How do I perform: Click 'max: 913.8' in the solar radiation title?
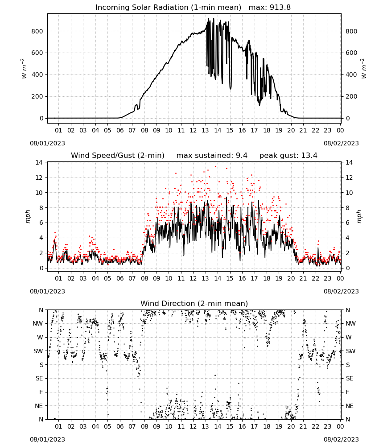[270, 8]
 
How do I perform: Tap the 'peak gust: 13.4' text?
[288, 156]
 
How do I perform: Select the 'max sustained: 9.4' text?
[212, 156]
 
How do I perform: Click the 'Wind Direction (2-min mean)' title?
[194, 303]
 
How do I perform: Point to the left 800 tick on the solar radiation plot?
[37, 31]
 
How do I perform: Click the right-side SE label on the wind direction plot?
[350, 378]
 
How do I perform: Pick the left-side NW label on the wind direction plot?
[38, 323]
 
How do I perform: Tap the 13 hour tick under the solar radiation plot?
[205, 130]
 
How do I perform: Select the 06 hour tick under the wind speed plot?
[120, 278]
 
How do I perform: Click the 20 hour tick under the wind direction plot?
[291, 426]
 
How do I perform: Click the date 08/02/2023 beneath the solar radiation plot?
[341, 143]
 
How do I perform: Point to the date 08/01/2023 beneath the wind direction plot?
[47, 439]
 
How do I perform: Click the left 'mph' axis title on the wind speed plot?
[28, 216]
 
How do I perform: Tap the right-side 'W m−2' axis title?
[364, 68]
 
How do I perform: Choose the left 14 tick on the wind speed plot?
[39, 162]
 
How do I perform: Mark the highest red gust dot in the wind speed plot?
[215, 166]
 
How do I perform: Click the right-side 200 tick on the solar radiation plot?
[351, 96]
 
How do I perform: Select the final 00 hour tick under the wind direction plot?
[340, 426]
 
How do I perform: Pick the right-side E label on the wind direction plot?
[347, 392]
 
